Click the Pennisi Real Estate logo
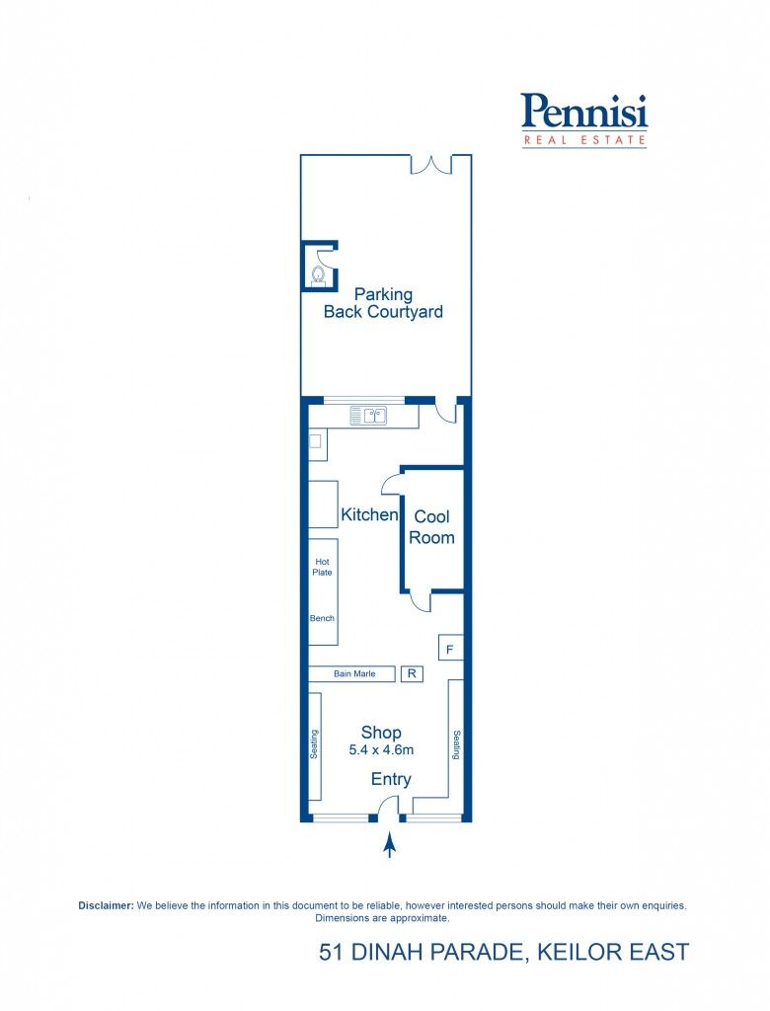pyautogui.click(x=583, y=120)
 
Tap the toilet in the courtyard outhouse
pyautogui.click(x=318, y=274)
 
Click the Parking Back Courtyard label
pyautogui.click(x=383, y=303)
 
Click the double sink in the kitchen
pyautogui.click(x=369, y=416)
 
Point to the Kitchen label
pyautogui.click(x=369, y=514)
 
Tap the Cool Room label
pyautogui.click(x=431, y=527)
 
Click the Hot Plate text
pyautogui.click(x=322, y=567)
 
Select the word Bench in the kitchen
pyautogui.click(x=322, y=618)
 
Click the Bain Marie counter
pyautogui.click(x=351, y=673)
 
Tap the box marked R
pyautogui.click(x=412, y=673)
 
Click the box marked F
pyautogui.click(x=450, y=648)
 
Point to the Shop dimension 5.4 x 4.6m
pyautogui.click(x=381, y=750)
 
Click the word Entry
pyautogui.click(x=391, y=780)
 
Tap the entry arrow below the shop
pyautogui.click(x=389, y=845)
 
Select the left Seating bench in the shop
pyautogui.click(x=315, y=744)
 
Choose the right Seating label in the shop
pyautogui.click(x=457, y=744)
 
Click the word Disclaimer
pyautogui.click(x=106, y=905)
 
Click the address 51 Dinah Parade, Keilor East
pyautogui.click(x=503, y=952)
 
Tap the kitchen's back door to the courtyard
pyautogui.click(x=446, y=413)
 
